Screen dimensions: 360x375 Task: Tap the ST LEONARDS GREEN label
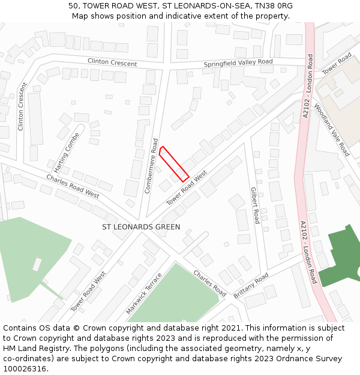click(141, 227)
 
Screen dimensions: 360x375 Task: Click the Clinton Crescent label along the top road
click(112, 62)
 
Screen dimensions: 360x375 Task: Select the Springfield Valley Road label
click(238, 62)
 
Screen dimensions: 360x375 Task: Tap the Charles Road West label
click(73, 186)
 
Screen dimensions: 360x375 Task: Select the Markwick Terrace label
click(144, 294)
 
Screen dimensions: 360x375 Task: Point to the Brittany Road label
click(251, 287)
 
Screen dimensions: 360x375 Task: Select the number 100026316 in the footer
click(23, 369)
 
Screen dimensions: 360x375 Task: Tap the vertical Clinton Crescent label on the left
click(22, 106)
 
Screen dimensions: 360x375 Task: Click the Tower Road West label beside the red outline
click(187, 187)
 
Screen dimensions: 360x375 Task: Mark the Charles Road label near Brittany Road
click(209, 283)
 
